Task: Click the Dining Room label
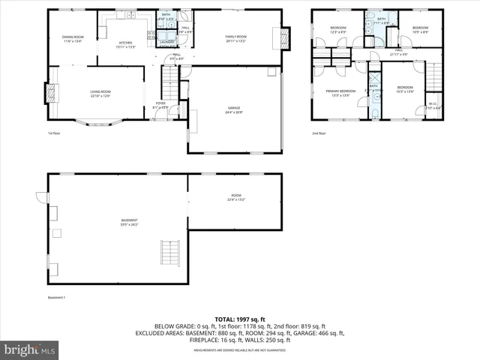click(72, 39)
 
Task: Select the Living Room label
click(100, 94)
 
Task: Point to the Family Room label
click(236, 37)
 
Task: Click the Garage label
click(234, 110)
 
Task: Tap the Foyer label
click(160, 105)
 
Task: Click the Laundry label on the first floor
click(166, 42)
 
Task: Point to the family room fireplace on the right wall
click(283, 37)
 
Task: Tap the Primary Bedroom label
click(340, 93)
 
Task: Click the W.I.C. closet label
click(433, 106)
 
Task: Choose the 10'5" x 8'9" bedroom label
click(419, 30)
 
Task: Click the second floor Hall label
click(398, 52)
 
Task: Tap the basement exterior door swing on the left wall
click(41, 198)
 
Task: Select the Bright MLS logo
click(31, 349)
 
